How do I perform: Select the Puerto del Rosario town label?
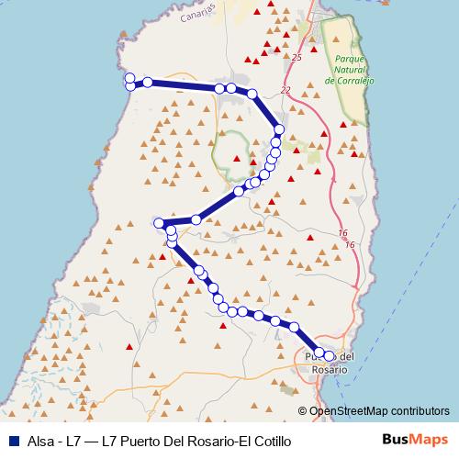pos(326,362)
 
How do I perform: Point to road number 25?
pos(297,58)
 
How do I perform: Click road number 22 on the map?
pos(286,90)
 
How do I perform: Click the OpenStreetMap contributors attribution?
pos(378,411)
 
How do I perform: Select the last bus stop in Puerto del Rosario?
pos(329,355)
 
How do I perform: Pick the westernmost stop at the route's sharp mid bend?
pos(159,223)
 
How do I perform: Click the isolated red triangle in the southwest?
pos(129,346)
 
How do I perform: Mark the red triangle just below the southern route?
pos(223,324)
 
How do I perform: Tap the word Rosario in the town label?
pos(330,369)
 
